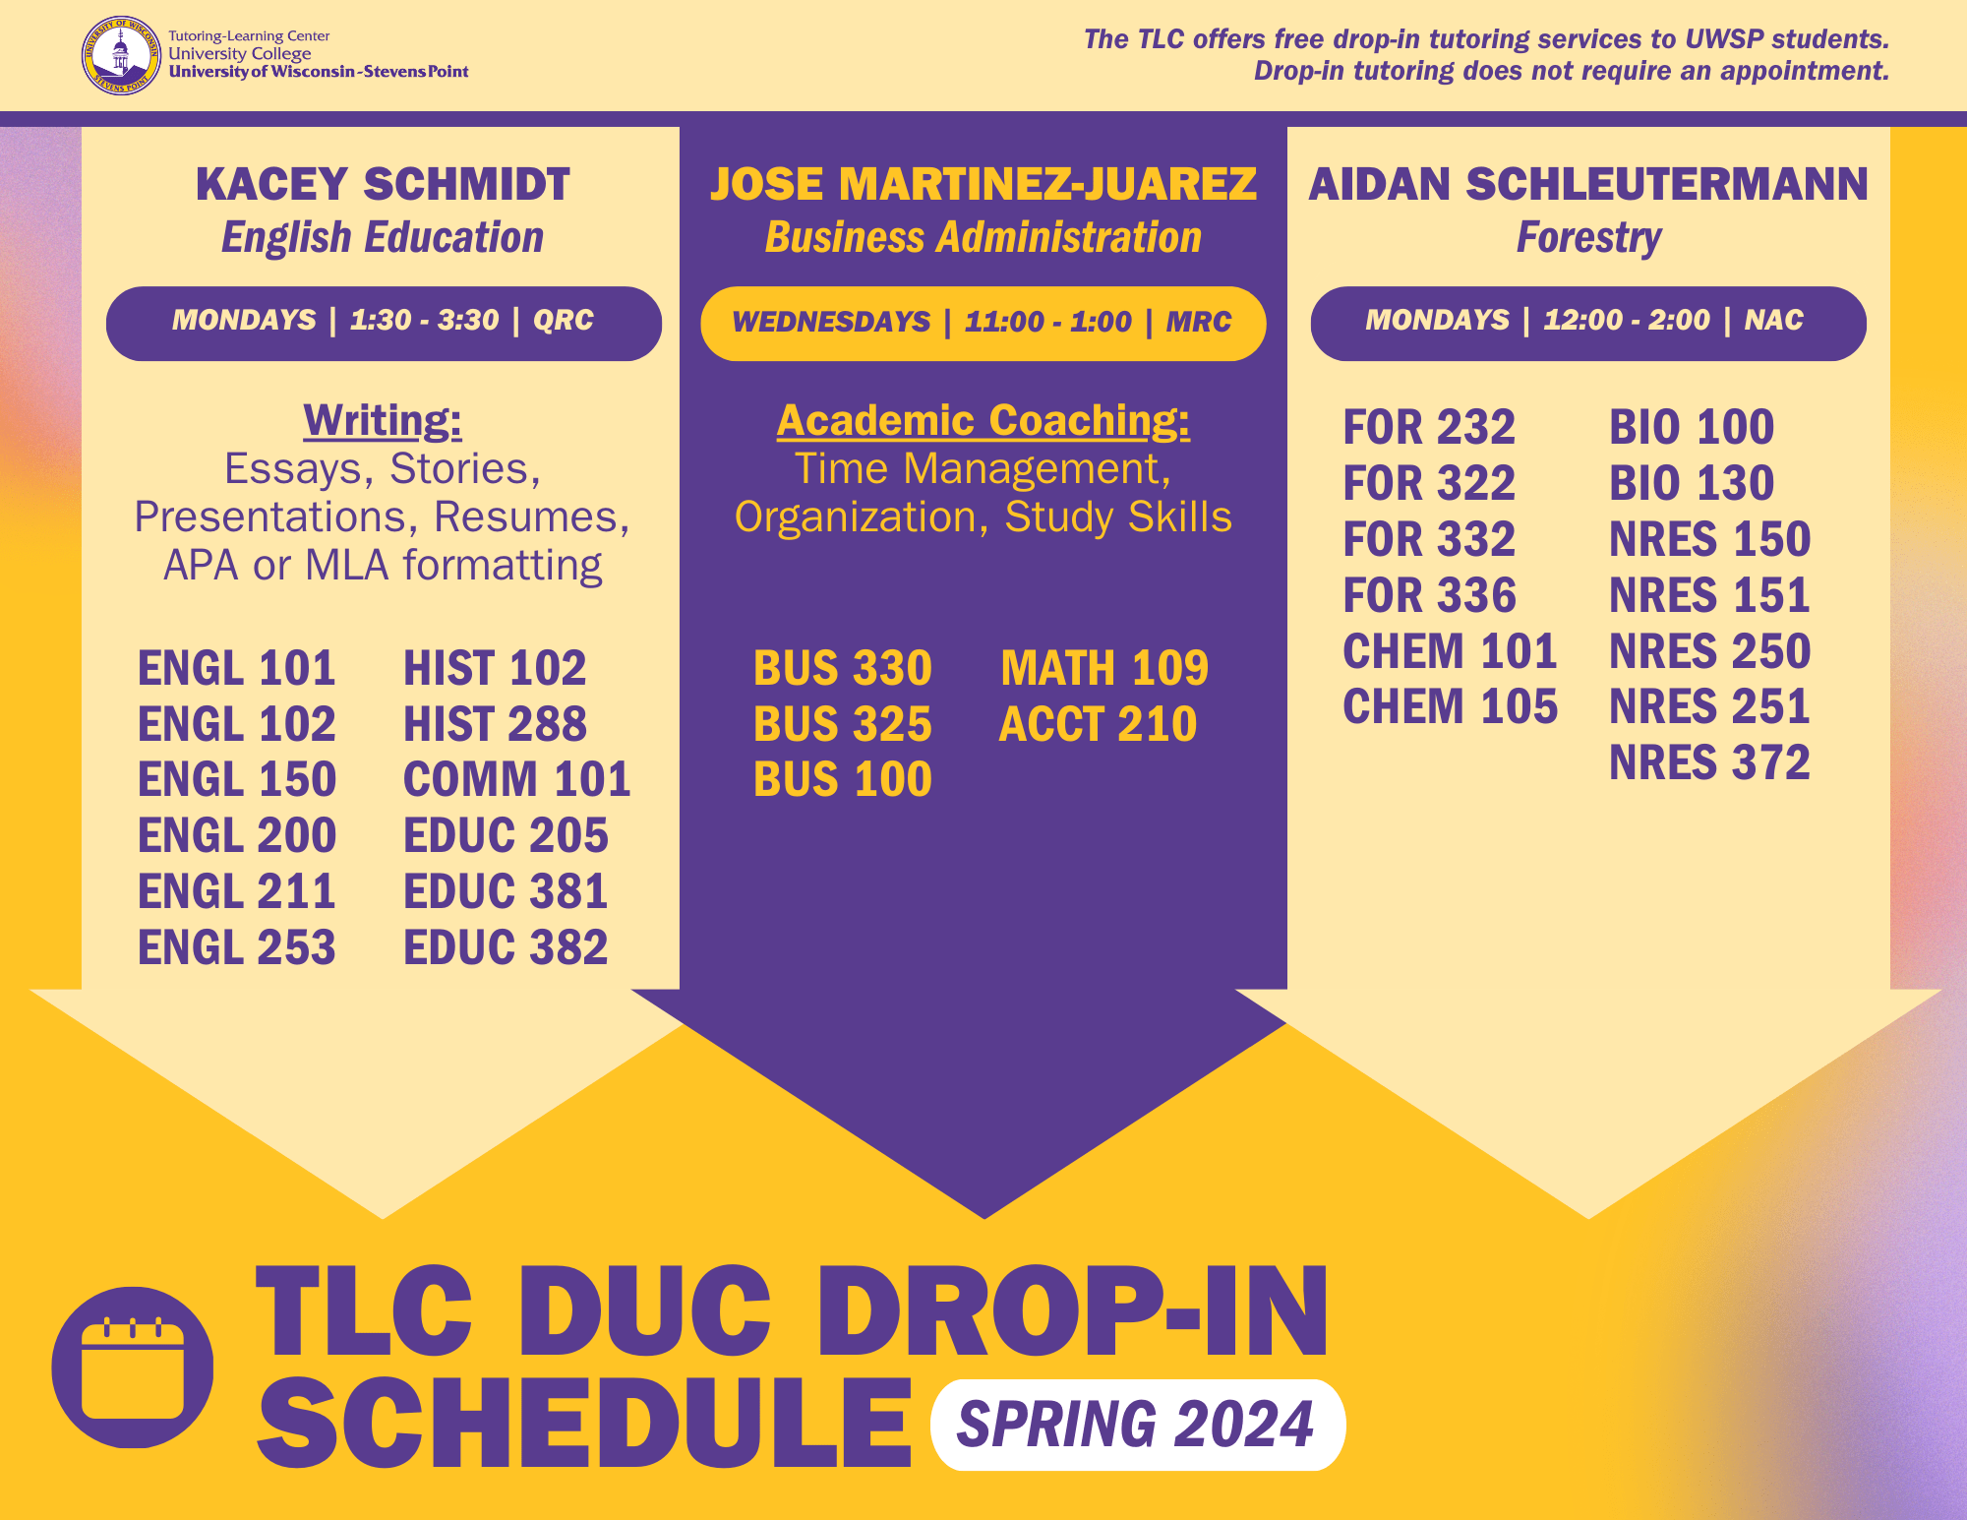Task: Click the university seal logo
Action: (x=120, y=55)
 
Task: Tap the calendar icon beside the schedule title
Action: (x=133, y=1367)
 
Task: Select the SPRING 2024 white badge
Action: (x=1137, y=1425)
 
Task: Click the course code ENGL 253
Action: (x=237, y=947)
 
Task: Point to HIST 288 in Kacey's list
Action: (x=495, y=724)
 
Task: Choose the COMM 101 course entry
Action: (x=516, y=780)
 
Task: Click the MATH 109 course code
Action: (x=1104, y=669)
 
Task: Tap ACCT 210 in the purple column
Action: (x=1098, y=725)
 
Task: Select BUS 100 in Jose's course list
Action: (x=843, y=780)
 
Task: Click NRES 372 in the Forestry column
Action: (x=1709, y=763)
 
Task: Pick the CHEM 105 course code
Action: (x=1450, y=707)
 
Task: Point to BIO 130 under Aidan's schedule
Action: (x=1692, y=484)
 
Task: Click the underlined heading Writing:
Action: (x=383, y=421)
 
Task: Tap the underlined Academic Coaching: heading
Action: (x=983, y=421)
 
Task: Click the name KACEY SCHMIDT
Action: (x=383, y=185)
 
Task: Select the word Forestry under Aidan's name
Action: (x=1588, y=238)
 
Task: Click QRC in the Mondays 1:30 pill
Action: (x=564, y=321)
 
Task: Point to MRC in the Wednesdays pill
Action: (x=1199, y=322)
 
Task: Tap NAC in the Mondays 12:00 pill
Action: (x=1773, y=321)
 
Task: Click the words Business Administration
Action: (x=983, y=238)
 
